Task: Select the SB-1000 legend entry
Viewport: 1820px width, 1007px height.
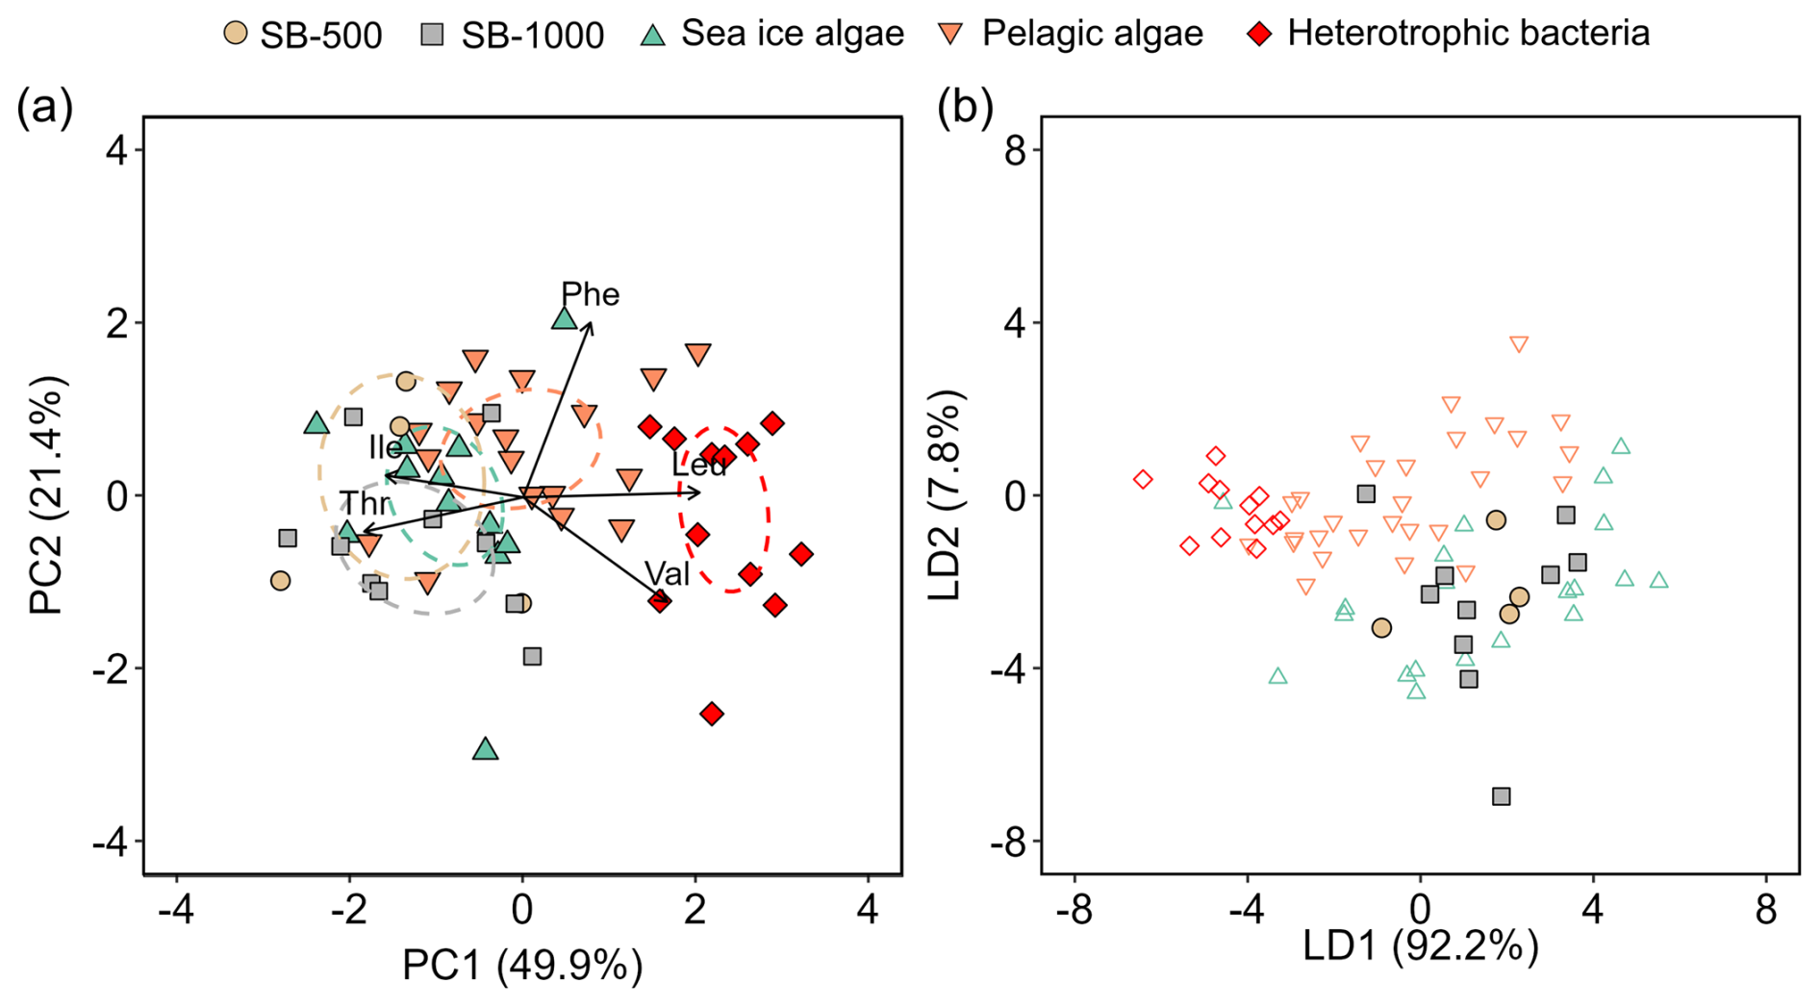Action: (512, 35)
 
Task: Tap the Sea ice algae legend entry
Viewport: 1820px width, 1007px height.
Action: (772, 34)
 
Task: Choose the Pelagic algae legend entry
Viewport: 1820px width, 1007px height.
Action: (1071, 34)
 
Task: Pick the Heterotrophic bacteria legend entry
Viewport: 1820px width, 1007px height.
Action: (1448, 34)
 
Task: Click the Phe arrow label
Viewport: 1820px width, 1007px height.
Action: (590, 294)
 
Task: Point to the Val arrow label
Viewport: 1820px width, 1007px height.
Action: (667, 573)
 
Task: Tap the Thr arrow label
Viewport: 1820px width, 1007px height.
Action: (365, 503)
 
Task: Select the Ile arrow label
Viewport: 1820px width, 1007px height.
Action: (385, 447)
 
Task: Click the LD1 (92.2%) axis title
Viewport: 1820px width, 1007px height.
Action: (1420, 946)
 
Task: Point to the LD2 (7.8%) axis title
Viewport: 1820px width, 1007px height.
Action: (945, 495)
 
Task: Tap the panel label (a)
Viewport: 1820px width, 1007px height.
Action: (44, 108)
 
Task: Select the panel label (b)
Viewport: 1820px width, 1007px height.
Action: (965, 108)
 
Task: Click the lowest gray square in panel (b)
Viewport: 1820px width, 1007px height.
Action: (1501, 796)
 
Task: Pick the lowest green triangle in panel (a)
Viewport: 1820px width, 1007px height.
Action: (486, 749)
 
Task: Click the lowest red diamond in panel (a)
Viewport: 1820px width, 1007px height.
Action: (712, 714)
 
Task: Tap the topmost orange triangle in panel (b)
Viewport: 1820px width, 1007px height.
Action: (1519, 344)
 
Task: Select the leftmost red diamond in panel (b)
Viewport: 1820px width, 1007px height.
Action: (1143, 479)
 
